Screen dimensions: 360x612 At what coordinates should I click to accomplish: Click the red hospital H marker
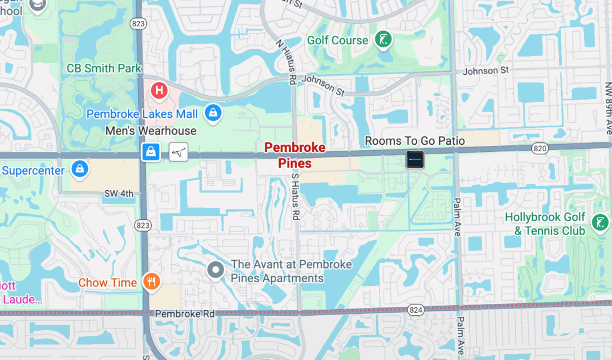pyautogui.click(x=158, y=91)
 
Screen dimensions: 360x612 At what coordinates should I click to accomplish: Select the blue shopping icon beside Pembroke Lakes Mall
pyautogui.click(x=213, y=112)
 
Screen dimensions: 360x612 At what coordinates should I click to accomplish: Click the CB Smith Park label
pyautogui.click(x=104, y=68)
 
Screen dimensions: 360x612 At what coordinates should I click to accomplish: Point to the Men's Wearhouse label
pyautogui.click(x=151, y=130)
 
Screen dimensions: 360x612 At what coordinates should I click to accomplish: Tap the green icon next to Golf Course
pyautogui.click(x=383, y=40)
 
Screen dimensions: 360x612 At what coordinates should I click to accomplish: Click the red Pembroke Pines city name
pyautogui.click(x=295, y=155)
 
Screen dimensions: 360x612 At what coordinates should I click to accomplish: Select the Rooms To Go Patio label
pyautogui.click(x=415, y=141)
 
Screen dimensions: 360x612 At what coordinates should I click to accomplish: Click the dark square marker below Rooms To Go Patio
pyautogui.click(x=415, y=159)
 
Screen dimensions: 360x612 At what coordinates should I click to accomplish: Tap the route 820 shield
pyautogui.click(x=538, y=147)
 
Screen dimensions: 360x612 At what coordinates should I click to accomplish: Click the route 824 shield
pyautogui.click(x=416, y=309)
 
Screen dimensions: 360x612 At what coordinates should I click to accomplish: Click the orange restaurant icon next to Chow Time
pyautogui.click(x=151, y=282)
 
